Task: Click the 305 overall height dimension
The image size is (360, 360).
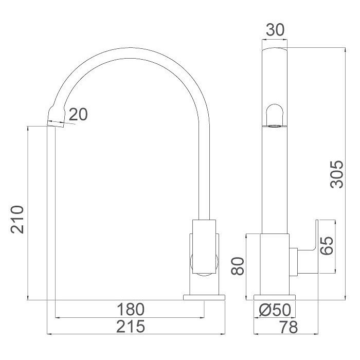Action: click(337, 174)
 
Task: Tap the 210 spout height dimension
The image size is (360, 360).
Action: click(17, 220)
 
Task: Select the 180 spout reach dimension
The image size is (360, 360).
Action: click(131, 309)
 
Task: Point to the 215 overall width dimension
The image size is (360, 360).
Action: click(131, 326)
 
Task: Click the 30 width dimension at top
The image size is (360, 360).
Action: click(275, 30)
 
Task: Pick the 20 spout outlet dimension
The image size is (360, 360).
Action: click(78, 114)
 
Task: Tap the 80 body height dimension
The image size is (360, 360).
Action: click(237, 266)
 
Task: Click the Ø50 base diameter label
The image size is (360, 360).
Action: click(275, 310)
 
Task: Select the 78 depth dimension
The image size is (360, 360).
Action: click(289, 327)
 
